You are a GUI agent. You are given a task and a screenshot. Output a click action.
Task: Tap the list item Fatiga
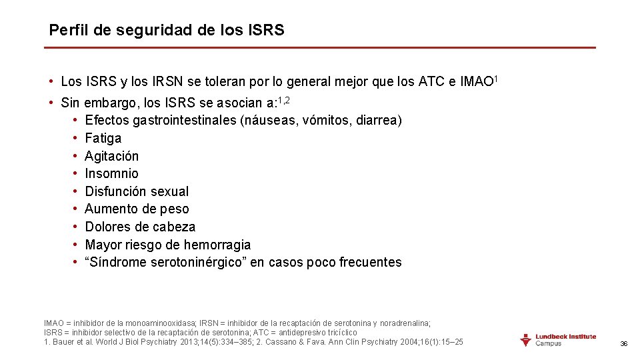103,139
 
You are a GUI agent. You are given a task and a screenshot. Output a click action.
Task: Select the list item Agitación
112,156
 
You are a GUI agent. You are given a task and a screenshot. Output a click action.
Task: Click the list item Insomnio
111,174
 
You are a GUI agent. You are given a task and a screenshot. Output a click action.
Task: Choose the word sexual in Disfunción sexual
170,191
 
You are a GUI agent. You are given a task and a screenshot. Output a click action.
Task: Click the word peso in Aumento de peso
175,209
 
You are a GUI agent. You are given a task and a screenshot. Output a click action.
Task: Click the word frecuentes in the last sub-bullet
371,262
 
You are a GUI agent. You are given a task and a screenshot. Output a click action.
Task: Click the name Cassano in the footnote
280,342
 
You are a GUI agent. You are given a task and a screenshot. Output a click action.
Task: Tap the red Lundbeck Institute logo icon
525,339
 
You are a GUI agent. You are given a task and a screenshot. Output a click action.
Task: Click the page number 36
624,343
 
